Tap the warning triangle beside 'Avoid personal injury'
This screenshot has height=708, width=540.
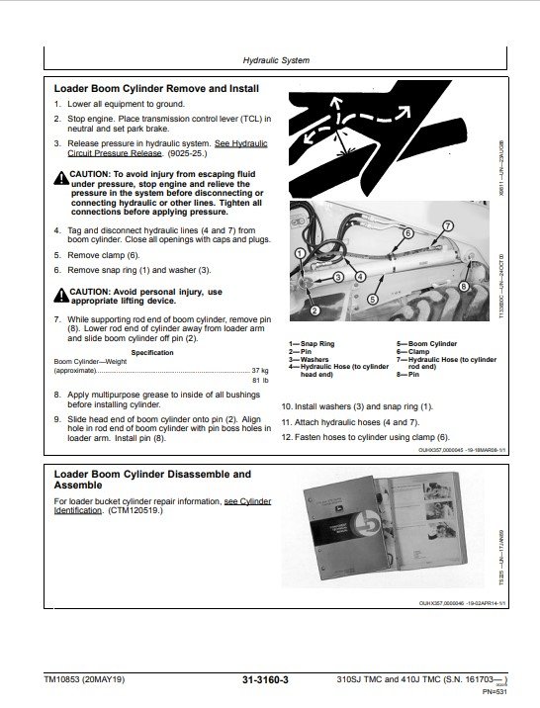tap(61, 293)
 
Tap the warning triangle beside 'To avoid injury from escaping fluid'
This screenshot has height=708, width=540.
tap(61, 174)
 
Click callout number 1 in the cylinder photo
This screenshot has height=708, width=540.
tap(299, 254)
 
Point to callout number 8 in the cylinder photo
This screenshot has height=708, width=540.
tap(463, 287)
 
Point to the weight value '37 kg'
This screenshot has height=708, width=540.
tap(260, 369)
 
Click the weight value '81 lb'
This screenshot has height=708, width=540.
tap(260, 380)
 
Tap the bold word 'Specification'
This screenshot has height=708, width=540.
tap(152, 351)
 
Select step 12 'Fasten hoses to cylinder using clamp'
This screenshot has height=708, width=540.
tap(365, 437)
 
